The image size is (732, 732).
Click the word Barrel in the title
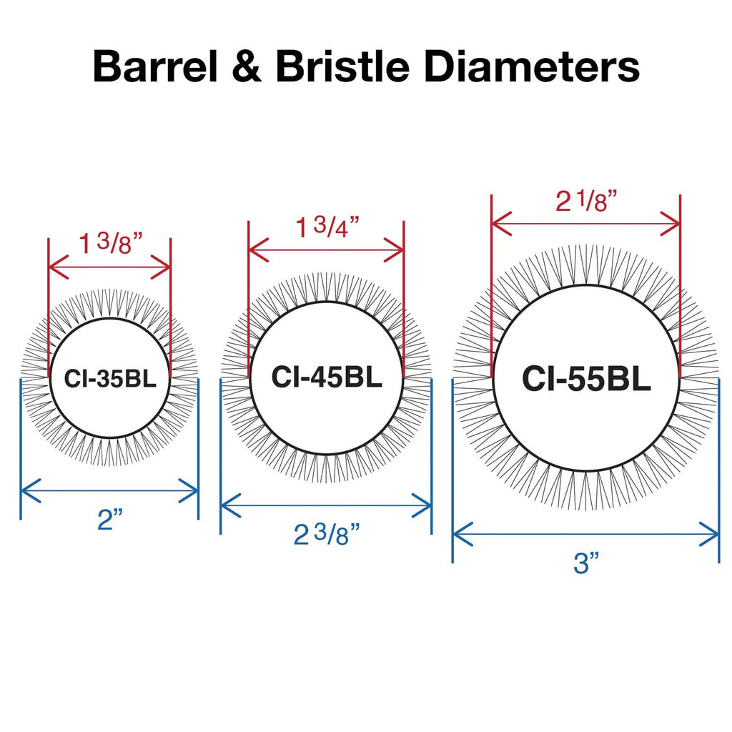[155, 66]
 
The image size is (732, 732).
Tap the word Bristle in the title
[342, 66]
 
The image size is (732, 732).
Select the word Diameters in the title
[532, 66]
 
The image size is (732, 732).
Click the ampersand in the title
[247, 66]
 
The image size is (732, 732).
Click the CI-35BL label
[109, 379]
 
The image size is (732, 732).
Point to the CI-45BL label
[326, 377]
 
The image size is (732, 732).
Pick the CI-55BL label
[586, 379]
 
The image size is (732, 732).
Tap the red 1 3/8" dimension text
[110, 244]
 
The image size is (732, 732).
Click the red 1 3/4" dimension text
[327, 227]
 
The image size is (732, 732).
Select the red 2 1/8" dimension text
[586, 202]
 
